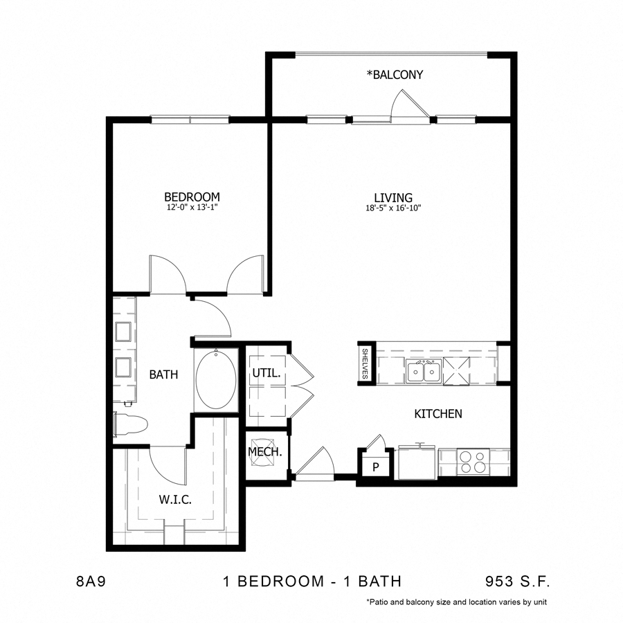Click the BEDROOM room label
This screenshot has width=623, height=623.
pos(192,197)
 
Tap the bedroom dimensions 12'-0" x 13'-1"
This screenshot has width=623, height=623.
pos(192,207)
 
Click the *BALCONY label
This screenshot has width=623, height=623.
pos(395,75)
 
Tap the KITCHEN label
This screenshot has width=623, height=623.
pos(437,414)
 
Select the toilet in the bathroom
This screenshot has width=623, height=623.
pos(131,424)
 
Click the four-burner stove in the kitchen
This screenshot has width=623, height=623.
pos(473,462)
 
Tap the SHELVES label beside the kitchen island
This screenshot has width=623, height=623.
pos(365,363)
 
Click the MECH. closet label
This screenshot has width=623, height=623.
pos(264,453)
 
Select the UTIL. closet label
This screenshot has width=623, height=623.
pos(266,372)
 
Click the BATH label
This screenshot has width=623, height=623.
pos(164,374)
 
